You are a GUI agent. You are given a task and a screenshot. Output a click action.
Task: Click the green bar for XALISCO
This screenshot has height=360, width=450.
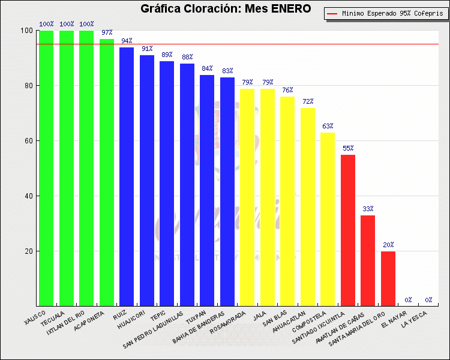click(x=46, y=168)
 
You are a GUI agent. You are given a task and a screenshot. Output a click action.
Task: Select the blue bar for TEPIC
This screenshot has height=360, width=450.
click(x=167, y=183)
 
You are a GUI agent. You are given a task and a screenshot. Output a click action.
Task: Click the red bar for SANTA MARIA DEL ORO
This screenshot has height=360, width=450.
click(x=388, y=278)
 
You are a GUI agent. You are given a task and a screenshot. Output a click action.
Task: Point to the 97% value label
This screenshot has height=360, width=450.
click(x=107, y=32)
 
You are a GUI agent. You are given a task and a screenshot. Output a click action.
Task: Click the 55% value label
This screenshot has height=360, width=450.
click(x=348, y=148)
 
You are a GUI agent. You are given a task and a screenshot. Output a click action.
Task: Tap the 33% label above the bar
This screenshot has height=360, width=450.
click(x=368, y=209)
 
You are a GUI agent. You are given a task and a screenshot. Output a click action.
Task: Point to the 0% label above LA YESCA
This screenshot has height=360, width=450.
click(x=428, y=300)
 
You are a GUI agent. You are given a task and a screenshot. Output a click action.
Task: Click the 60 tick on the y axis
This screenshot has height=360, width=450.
click(x=28, y=141)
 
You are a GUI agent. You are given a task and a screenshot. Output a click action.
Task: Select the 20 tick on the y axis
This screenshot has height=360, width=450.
click(x=28, y=251)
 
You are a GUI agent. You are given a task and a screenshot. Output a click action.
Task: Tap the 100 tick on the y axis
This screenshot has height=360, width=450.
click(x=26, y=31)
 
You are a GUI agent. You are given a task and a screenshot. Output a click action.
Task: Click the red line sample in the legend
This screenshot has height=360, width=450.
click(x=332, y=13)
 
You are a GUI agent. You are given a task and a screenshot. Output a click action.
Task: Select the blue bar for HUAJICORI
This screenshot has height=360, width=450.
click(x=147, y=180)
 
